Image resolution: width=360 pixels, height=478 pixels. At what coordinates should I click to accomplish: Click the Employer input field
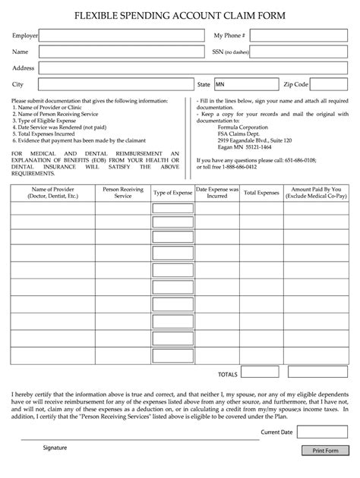(x=122, y=36)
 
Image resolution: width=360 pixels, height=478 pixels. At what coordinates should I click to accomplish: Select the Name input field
(x=122, y=52)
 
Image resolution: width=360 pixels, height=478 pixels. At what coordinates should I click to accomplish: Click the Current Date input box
(x=321, y=432)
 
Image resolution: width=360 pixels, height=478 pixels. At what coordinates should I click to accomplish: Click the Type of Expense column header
(x=172, y=193)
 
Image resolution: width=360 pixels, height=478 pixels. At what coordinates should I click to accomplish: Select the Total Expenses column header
(x=261, y=193)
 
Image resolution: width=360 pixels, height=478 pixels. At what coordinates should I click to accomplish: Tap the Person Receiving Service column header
(x=122, y=193)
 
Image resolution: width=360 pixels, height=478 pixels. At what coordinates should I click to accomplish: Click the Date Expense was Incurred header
(x=216, y=193)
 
